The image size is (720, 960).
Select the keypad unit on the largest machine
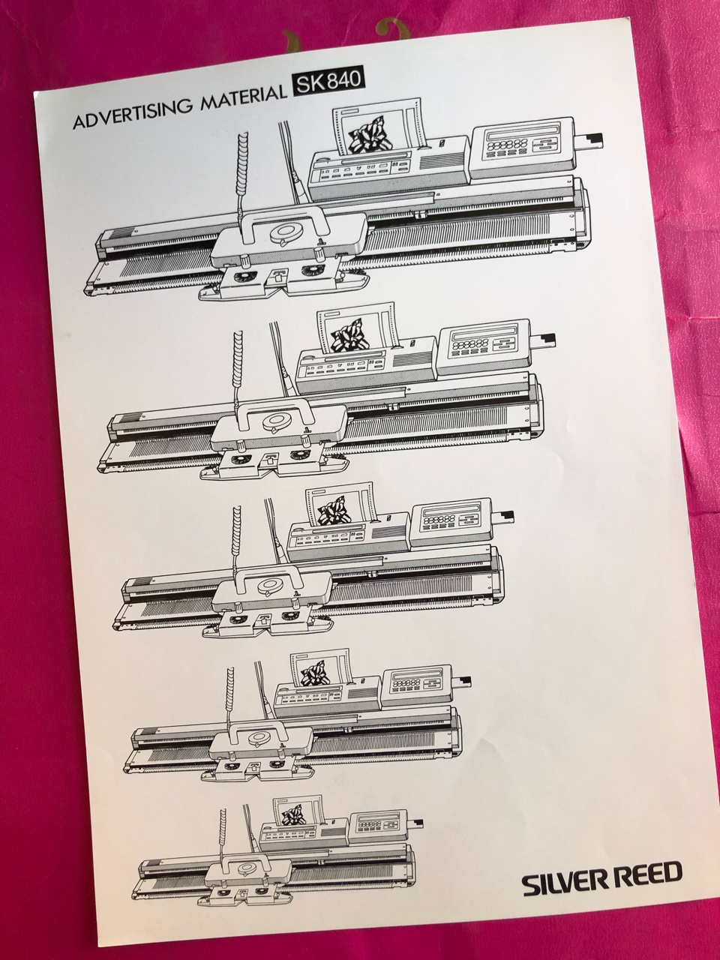pyautogui.click(x=523, y=148)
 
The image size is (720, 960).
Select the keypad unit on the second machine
pyautogui.click(x=484, y=348)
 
